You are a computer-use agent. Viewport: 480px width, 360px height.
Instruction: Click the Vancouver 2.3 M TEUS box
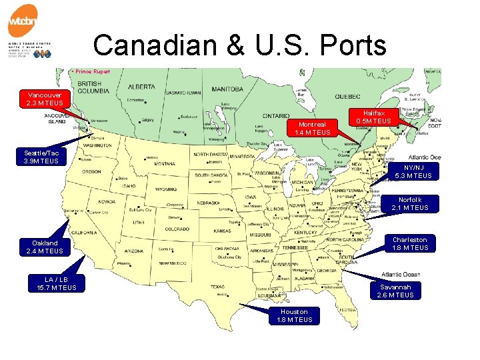45,99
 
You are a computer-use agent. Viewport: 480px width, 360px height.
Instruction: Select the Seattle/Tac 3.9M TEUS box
41,157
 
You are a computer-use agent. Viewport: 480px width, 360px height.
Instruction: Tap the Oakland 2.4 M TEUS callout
47,247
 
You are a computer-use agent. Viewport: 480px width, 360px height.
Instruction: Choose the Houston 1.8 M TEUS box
294,316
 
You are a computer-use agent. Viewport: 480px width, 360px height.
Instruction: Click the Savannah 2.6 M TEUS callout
395,291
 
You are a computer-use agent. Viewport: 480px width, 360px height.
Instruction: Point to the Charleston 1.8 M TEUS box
410,243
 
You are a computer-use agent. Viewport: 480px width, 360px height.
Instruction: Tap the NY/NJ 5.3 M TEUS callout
413,171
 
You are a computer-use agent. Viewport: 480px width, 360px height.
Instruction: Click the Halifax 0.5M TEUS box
374,117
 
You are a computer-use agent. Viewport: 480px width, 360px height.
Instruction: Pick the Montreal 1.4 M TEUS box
312,128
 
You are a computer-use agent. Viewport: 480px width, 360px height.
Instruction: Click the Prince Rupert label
93,71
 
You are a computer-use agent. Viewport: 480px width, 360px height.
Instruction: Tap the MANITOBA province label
228,89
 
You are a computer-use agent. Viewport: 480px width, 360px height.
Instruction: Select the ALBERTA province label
141,87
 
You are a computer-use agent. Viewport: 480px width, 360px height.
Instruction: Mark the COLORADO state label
177,229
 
